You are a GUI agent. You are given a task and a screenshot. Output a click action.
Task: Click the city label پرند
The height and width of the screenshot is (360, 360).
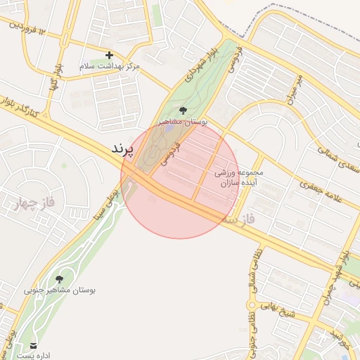pos(122,149)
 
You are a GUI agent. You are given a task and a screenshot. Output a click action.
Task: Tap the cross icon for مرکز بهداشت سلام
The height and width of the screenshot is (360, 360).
pos(109,55)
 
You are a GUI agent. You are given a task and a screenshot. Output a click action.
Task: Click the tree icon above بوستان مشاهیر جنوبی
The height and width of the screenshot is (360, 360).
pos(58,279)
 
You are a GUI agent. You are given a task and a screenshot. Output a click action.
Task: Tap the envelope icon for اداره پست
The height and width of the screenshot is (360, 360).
pos(34,345)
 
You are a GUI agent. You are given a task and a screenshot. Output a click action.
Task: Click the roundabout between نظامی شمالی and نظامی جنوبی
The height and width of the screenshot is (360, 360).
pos(252,305)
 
